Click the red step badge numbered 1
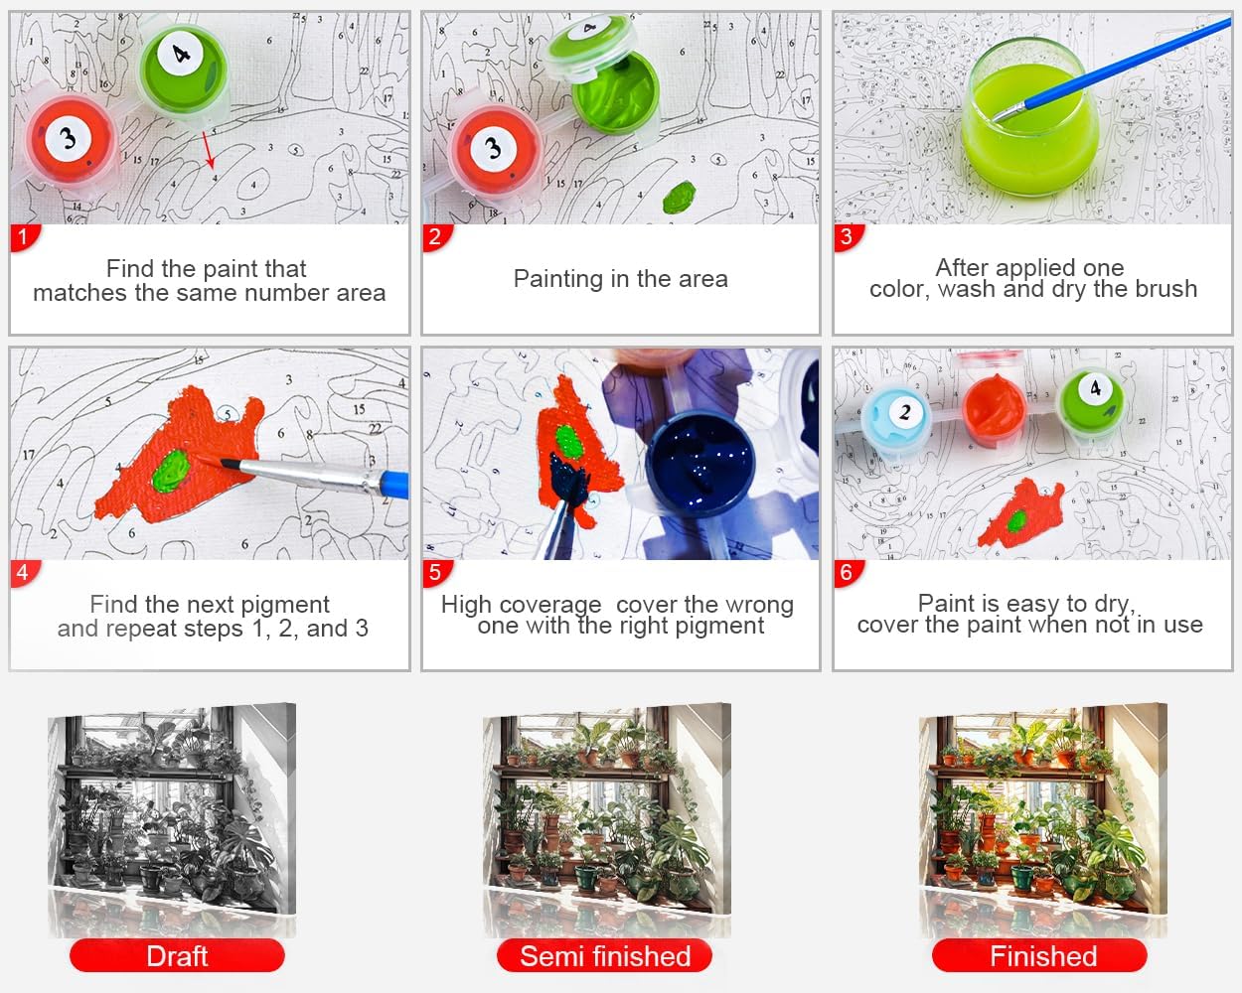(x=24, y=237)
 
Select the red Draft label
(x=177, y=956)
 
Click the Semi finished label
(x=605, y=956)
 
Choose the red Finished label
(x=1040, y=956)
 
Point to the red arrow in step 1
(x=209, y=150)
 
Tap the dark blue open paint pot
(x=700, y=462)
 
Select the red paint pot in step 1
(x=71, y=140)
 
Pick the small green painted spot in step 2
(x=680, y=197)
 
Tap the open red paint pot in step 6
(x=994, y=408)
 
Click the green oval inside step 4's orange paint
(x=171, y=472)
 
